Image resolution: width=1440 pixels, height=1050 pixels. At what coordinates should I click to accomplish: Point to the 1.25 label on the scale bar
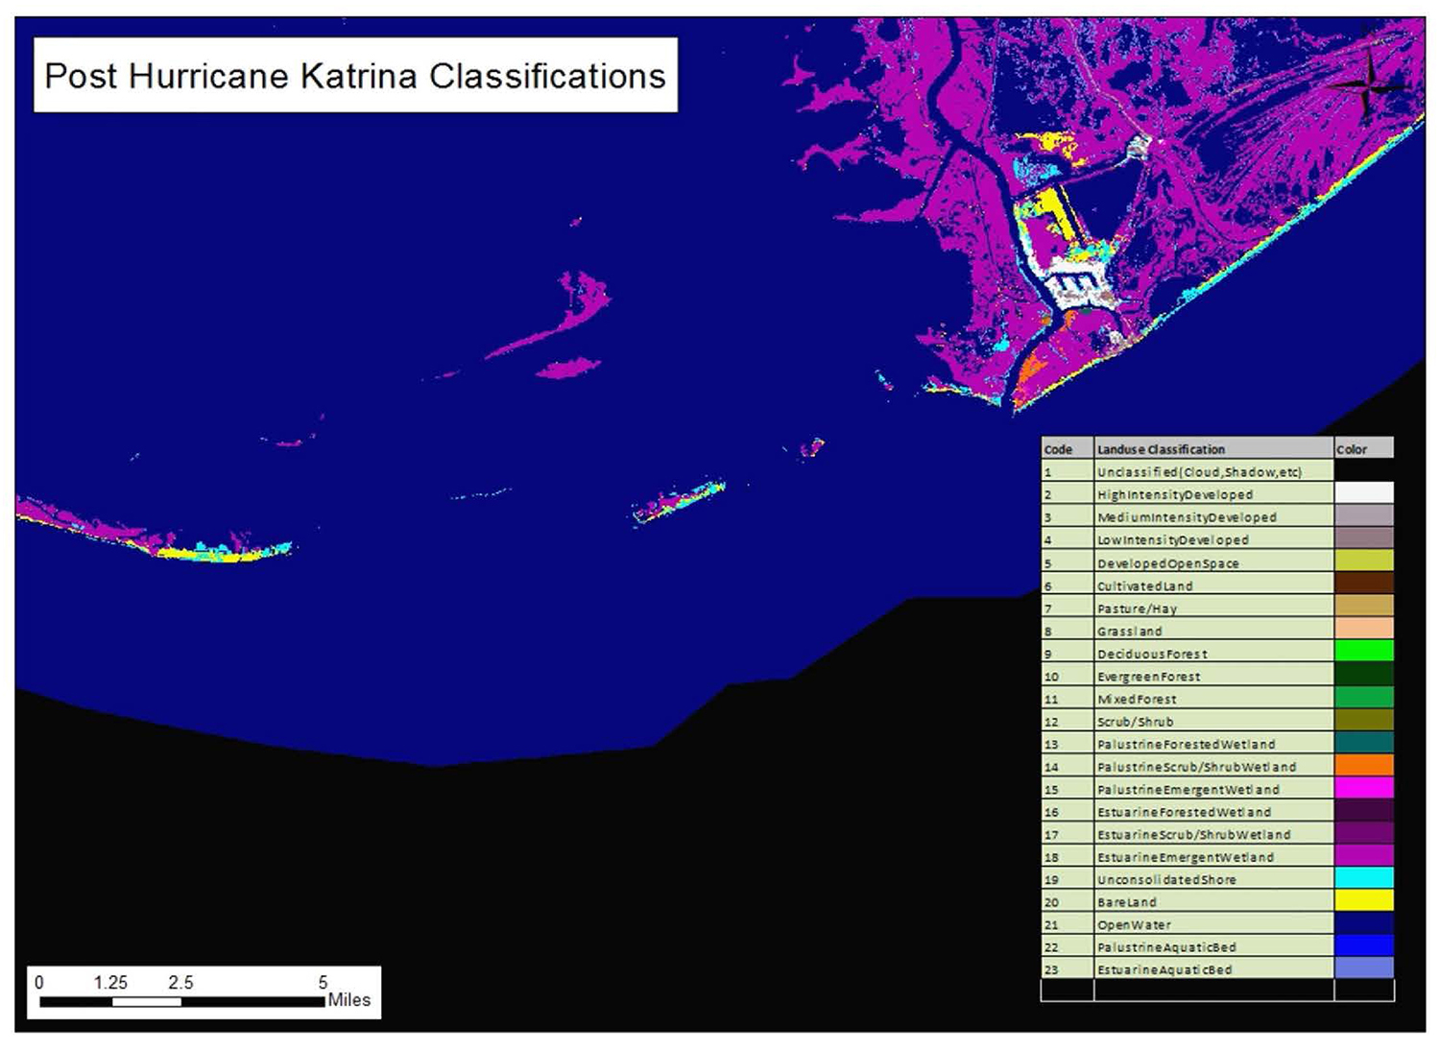click(110, 983)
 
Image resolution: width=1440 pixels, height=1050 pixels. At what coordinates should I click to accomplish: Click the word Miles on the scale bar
click(348, 1000)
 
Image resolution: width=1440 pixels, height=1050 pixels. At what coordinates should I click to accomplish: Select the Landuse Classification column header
click(1161, 449)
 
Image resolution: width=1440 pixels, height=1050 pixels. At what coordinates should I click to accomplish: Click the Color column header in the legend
click(1351, 449)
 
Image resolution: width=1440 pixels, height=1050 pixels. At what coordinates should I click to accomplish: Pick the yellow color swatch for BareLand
click(1363, 901)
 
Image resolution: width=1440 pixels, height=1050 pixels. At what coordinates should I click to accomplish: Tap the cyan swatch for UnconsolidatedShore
click(1363, 878)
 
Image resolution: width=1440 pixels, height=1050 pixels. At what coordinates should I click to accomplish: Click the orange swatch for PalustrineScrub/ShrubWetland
click(1363, 766)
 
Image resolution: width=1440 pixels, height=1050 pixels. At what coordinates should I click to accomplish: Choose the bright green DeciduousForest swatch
click(1363, 653)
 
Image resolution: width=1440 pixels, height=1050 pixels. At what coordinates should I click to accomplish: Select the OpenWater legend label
click(1134, 925)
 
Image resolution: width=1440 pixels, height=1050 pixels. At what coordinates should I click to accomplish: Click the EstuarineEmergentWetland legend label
click(1185, 857)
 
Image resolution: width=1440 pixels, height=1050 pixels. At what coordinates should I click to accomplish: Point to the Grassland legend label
click(1129, 632)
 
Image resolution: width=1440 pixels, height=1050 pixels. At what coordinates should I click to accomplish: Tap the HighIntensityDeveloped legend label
click(1174, 495)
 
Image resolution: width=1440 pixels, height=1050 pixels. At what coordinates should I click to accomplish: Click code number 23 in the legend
click(1051, 970)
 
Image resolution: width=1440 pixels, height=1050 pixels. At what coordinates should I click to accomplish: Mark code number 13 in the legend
click(1051, 745)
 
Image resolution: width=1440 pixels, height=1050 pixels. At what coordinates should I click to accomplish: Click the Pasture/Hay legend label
click(1137, 609)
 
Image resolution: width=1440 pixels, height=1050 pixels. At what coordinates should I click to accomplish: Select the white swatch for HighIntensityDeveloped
click(1363, 493)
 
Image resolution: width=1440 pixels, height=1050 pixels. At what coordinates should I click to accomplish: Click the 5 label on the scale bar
click(324, 983)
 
